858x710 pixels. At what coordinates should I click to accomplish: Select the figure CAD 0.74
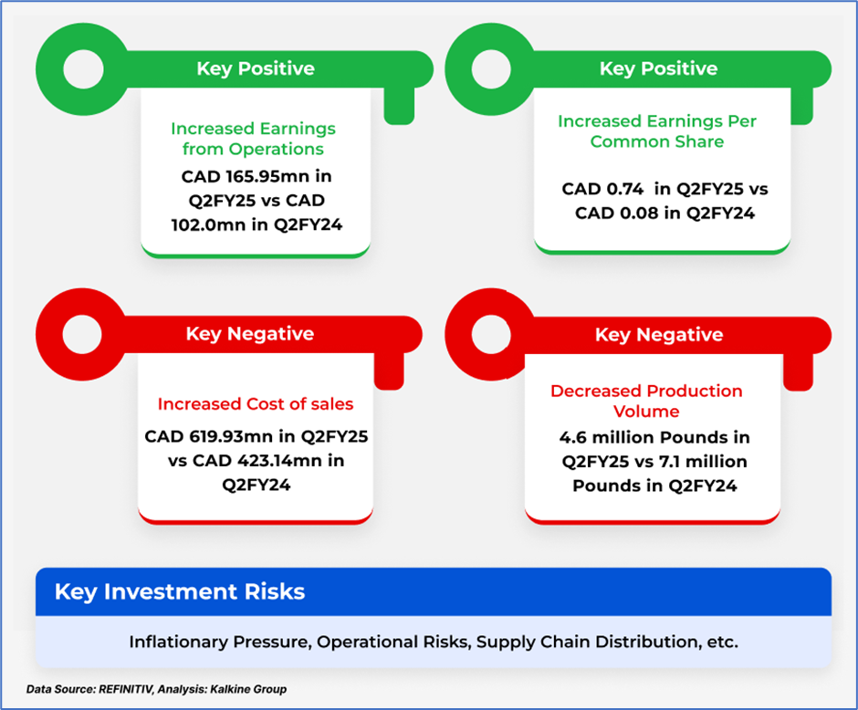point(602,189)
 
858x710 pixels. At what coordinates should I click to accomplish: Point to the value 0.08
point(639,213)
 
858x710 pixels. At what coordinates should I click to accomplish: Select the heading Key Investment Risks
point(180,592)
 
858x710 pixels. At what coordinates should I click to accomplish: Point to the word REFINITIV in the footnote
point(126,689)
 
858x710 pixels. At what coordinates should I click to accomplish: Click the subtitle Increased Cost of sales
point(256,403)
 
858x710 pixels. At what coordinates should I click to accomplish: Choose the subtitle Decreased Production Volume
point(646,401)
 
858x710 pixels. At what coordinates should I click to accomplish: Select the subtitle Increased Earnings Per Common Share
point(657,131)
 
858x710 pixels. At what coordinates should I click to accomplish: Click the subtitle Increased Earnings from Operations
point(254,139)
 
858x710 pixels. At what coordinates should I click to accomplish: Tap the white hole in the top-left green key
point(83,69)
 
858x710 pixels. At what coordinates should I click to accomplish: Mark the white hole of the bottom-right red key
point(491,334)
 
